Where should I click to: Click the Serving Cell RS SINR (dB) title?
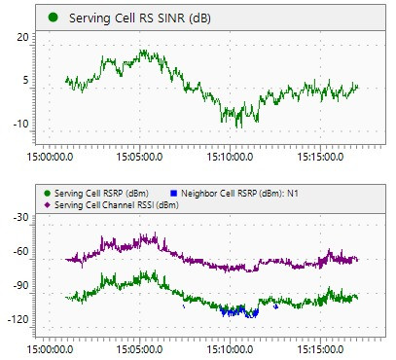[140, 18]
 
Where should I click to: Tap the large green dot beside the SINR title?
[53, 18]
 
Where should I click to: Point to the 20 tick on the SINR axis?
[23, 37]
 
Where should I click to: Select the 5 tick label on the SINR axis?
[25, 80]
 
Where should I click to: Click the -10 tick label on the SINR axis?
[20, 124]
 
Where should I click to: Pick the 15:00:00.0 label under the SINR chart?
[50, 157]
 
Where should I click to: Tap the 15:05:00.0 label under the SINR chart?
[140, 157]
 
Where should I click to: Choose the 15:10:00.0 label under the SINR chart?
[230, 157]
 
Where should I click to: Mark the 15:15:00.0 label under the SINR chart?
[320, 157]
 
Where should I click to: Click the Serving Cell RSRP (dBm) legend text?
[101, 194]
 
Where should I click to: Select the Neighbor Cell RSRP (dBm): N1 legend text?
[239, 194]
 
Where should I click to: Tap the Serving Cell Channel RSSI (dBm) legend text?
[117, 205]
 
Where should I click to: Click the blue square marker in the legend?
[174, 194]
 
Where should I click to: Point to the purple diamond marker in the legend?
[48, 205]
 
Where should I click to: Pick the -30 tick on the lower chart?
[21, 217]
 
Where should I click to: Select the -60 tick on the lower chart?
[21, 251]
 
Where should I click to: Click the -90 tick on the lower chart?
[21, 286]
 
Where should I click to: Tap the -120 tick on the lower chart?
[18, 320]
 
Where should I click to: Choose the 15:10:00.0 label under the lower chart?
[230, 349]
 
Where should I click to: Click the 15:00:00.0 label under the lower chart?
[50, 349]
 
